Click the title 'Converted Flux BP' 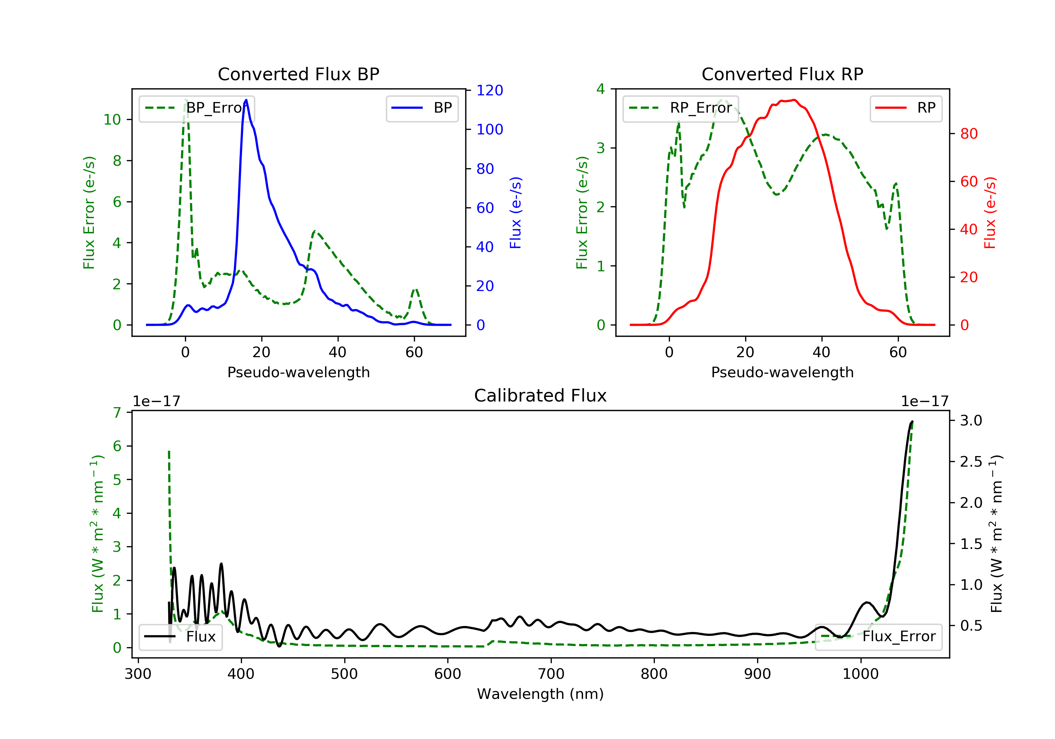click(x=298, y=74)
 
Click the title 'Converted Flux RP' click(x=782, y=74)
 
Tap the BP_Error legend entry click(x=197, y=108)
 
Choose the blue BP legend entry click(x=422, y=108)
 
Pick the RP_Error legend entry click(x=680, y=108)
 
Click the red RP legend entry click(x=906, y=108)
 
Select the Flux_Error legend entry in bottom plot click(x=878, y=637)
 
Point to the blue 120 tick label click(x=490, y=90)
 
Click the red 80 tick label click(x=968, y=134)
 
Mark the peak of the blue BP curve click(x=246, y=100)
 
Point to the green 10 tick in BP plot click(x=112, y=120)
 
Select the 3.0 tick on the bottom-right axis click(x=971, y=420)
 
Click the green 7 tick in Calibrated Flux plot click(x=117, y=412)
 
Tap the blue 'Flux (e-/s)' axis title click(x=516, y=213)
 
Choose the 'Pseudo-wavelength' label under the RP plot click(x=782, y=372)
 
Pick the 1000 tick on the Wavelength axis click(x=860, y=674)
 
